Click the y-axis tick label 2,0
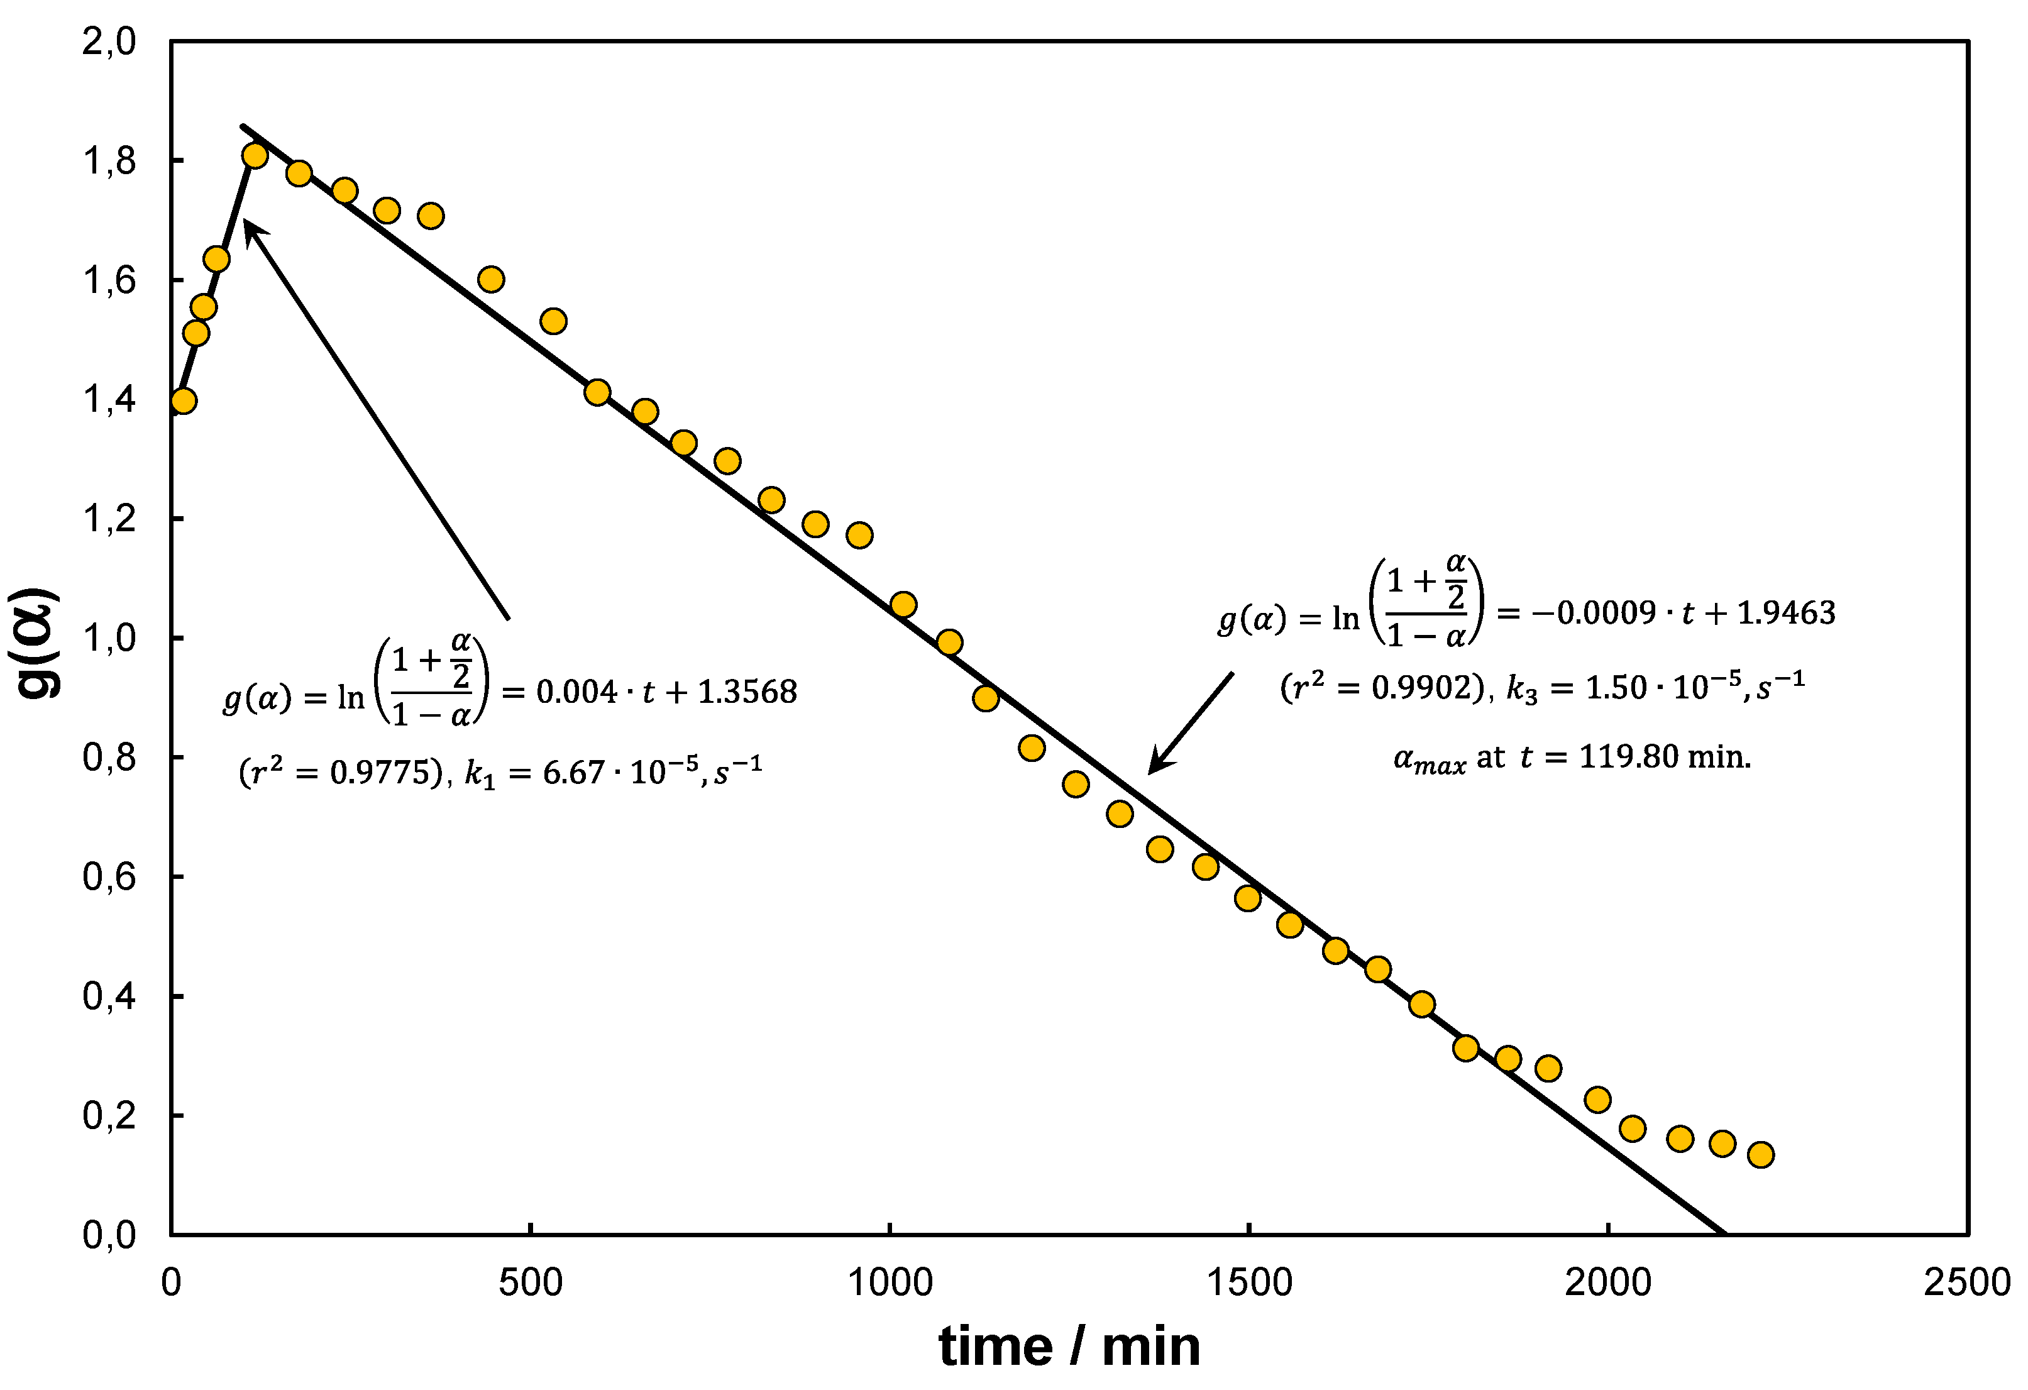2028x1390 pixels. (109, 41)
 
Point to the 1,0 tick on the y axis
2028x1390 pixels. (109, 638)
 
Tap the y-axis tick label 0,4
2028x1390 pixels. (109, 996)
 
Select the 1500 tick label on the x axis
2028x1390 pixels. (1248, 1282)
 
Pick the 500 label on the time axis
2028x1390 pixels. (530, 1282)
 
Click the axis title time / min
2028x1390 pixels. (1069, 1347)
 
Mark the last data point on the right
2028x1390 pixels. (1761, 1154)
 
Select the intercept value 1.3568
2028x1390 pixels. (748, 692)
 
